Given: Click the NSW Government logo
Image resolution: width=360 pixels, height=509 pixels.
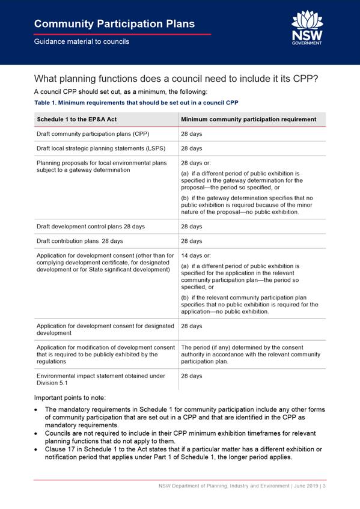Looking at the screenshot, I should (x=307, y=28).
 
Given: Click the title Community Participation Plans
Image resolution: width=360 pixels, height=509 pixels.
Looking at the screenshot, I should (x=114, y=24).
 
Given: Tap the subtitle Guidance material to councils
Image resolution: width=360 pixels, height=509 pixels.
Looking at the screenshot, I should (x=81, y=41).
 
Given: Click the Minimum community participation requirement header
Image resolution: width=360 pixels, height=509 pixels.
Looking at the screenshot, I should (x=248, y=120).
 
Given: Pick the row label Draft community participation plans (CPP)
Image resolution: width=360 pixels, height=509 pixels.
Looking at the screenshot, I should (x=93, y=134).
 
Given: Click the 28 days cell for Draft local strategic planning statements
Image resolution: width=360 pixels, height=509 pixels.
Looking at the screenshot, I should (x=192, y=148).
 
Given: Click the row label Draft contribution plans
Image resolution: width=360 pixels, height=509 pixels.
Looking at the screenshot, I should (x=79, y=241).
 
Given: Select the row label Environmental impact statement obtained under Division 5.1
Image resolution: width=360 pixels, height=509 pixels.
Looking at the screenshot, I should (x=100, y=379).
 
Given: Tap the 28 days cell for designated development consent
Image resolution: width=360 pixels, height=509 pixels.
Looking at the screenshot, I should (x=192, y=326).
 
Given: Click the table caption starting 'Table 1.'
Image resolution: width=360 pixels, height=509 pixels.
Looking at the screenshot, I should (x=136, y=103).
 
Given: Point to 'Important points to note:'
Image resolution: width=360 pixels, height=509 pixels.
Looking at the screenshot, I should (x=70, y=398).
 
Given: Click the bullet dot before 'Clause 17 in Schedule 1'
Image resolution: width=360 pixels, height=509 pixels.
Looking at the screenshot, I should (x=38, y=450).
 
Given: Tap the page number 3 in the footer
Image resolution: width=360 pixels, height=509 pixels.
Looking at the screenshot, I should (x=323, y=486).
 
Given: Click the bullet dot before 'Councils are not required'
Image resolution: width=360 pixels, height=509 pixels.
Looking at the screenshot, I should (x=38, y=433).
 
